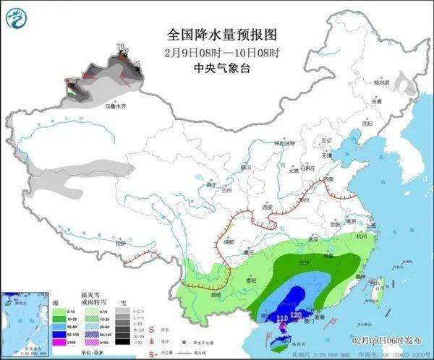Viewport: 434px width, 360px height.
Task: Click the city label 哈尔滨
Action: [381, 83]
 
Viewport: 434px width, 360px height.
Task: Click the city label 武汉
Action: [312, 239]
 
